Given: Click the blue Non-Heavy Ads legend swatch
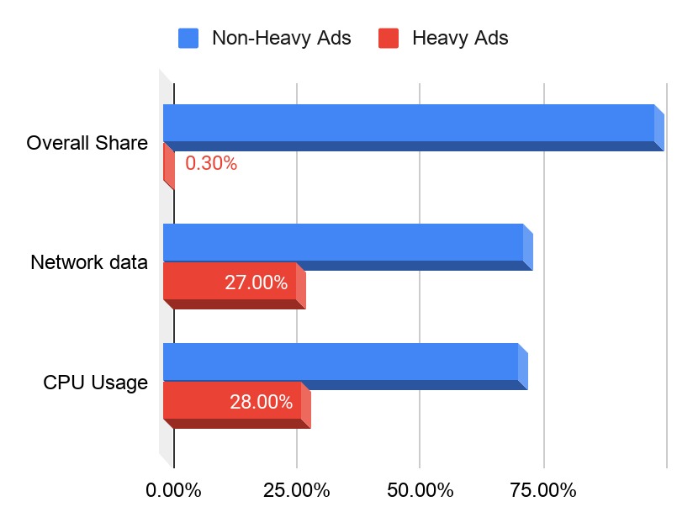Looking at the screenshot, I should click(188, 38).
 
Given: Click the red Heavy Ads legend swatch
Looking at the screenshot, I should click(388, 38).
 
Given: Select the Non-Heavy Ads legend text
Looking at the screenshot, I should click(281, 38).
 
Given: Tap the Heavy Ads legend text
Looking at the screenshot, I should click(459, 38).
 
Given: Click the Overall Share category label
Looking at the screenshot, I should click(87, 143).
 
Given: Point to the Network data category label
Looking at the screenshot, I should click(89, 262).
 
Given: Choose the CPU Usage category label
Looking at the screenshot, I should click(95, 383).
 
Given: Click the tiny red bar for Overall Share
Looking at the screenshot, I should click(169, 164).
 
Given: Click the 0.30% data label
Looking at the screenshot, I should click(211, 164).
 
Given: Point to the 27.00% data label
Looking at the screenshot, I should click(256, 282).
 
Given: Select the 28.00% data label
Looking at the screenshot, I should click(261, 402).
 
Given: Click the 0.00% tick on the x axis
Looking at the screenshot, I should click(173, 490).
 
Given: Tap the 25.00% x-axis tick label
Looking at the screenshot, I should click(296, 490).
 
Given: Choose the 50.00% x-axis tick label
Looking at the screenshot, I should click(420, 490).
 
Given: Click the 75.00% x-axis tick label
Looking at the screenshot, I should click(543, 490).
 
